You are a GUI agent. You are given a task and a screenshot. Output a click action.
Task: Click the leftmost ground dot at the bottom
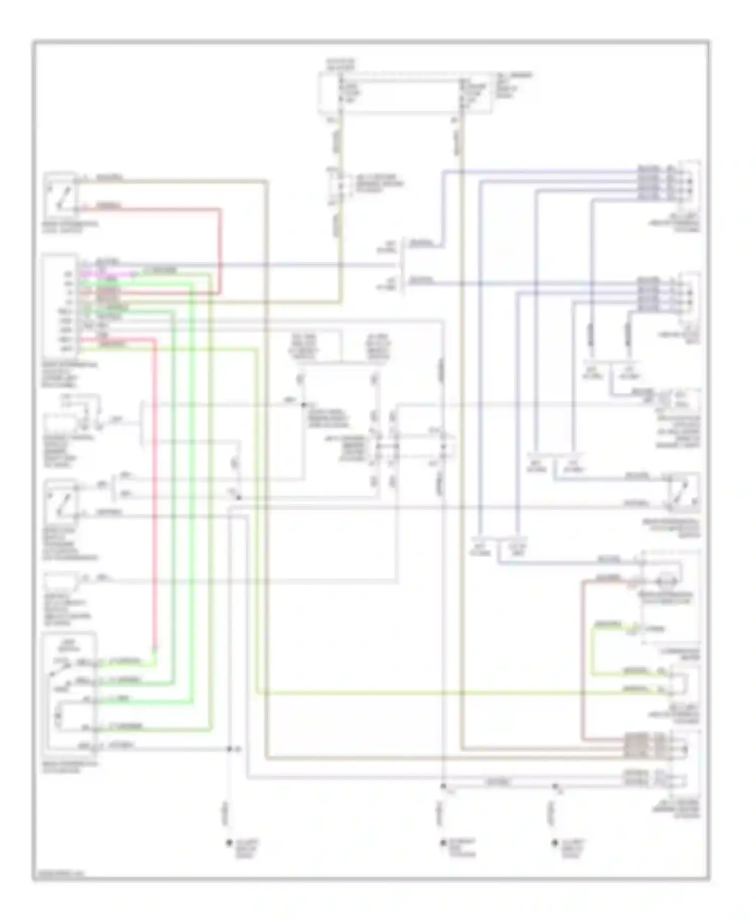click(x=229, y=842)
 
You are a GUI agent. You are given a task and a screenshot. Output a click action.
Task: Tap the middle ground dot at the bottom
click(x=443, y=842)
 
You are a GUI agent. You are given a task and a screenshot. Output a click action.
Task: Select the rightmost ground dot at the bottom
click(x=555, y=842)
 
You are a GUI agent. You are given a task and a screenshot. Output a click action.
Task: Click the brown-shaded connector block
click(x=636, y=746)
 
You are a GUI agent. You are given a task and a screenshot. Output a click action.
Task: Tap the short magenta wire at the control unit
click(x=108, y=275)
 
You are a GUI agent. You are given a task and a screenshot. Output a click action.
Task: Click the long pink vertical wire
click(x=154, y=494)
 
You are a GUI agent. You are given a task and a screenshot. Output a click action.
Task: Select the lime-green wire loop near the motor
click(x=593, y=650)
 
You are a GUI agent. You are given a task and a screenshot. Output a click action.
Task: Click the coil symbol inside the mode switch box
click(x=58, y=714)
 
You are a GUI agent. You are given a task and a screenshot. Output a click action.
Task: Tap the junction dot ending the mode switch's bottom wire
click(x=229, y=749)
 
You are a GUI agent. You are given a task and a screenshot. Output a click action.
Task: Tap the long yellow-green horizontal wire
click(x=454, y=694)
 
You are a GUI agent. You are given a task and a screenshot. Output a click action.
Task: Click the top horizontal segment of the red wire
click(x=151, y=208)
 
